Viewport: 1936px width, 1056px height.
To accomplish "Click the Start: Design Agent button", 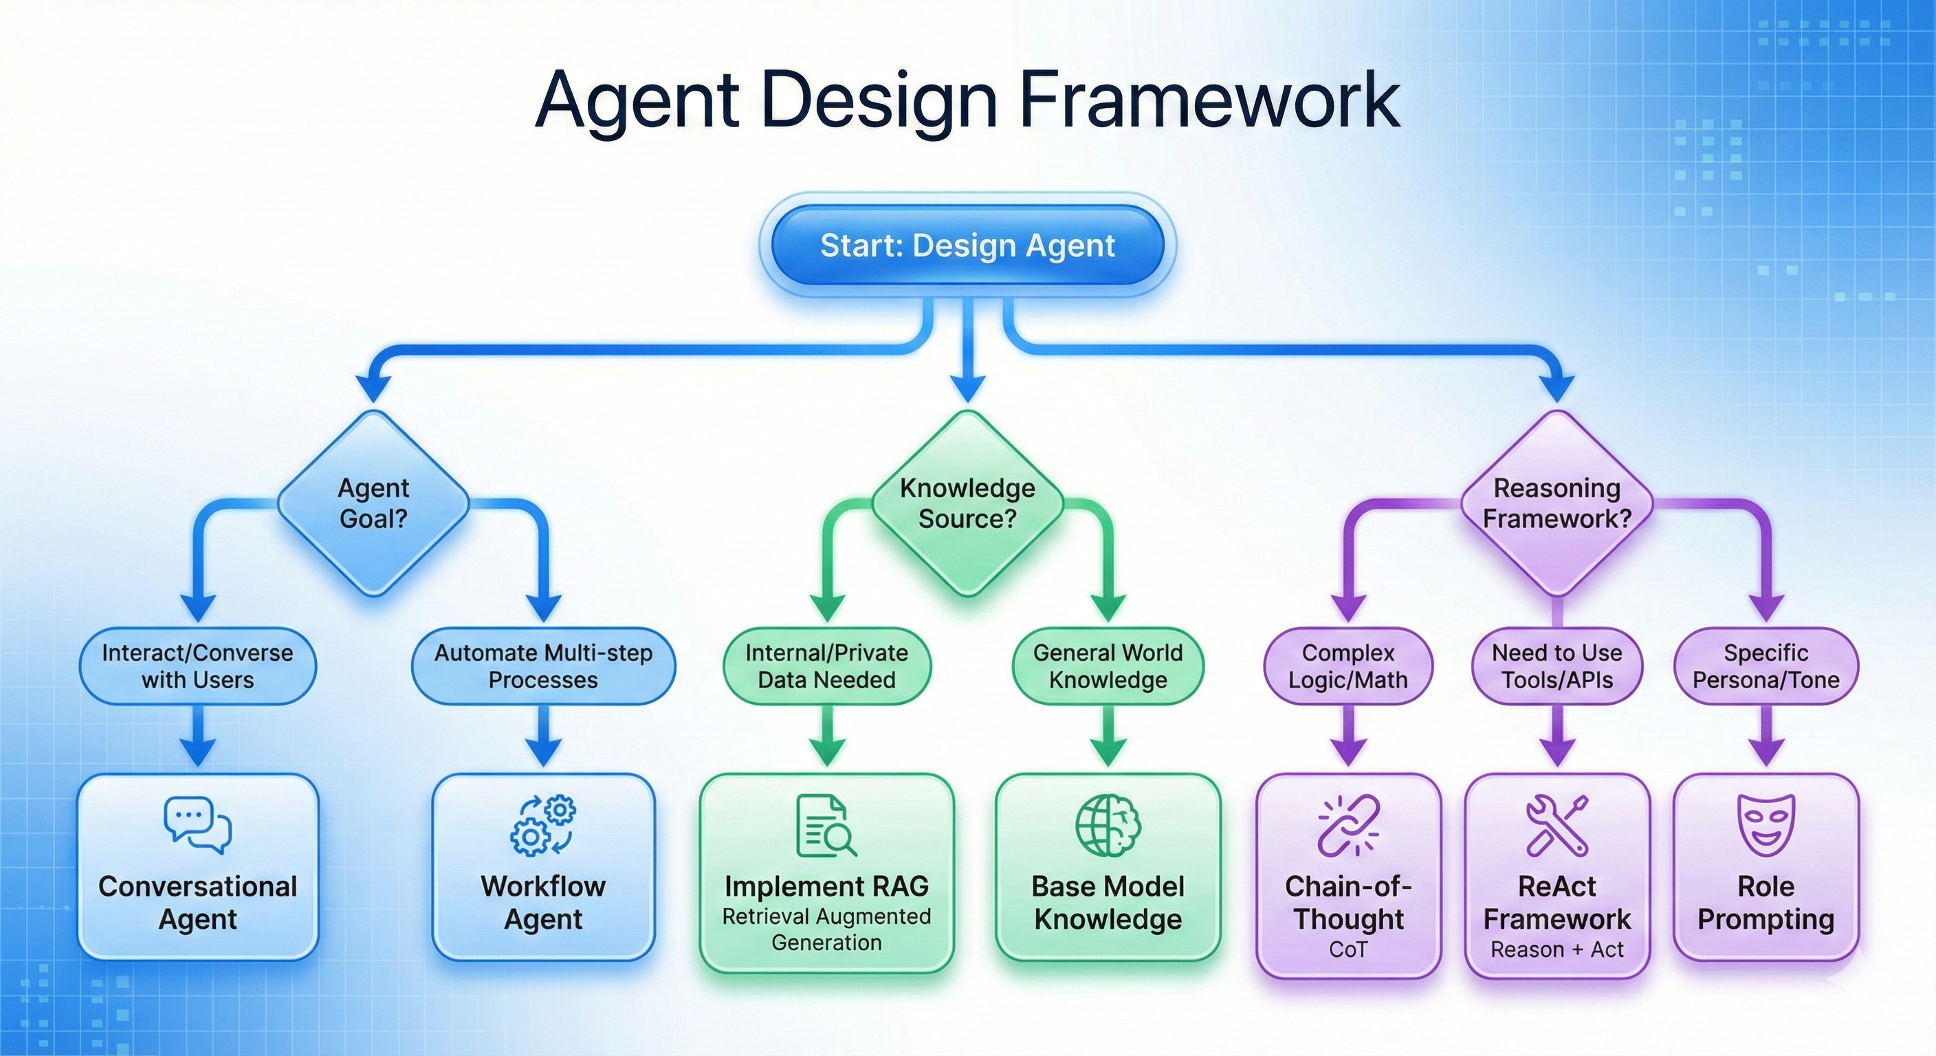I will point(967,245).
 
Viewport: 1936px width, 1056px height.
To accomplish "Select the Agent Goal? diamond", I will point(373,503).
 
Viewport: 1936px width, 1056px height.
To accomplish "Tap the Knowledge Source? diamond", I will point(967,503).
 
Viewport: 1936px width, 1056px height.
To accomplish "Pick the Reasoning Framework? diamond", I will point(1556,503).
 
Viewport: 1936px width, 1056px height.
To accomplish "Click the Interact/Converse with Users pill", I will point(198,666).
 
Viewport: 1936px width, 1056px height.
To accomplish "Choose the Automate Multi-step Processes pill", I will point(543,666).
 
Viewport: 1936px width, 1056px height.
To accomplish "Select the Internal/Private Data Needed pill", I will point(826,666).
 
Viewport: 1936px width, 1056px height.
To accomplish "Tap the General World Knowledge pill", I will point(1108,666).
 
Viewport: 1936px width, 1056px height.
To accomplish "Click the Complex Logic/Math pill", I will point(1348,666).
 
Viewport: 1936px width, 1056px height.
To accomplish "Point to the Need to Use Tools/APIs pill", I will point(1557,666).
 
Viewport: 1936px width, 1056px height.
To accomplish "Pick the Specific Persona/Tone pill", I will point(1766,666).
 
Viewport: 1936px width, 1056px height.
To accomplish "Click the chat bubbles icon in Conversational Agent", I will point(198,825).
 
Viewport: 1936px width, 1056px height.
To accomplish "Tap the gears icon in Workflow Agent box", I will point(543,825).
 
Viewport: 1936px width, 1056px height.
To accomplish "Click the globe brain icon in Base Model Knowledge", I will point(1108,825).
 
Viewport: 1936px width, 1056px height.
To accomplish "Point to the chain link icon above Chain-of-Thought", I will point(1348,825).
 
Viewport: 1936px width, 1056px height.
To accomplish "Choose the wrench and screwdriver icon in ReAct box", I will point(1557,825).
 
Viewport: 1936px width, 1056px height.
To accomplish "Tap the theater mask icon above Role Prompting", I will point(1766,825).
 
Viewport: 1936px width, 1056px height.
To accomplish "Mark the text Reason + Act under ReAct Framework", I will point(1557,950).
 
